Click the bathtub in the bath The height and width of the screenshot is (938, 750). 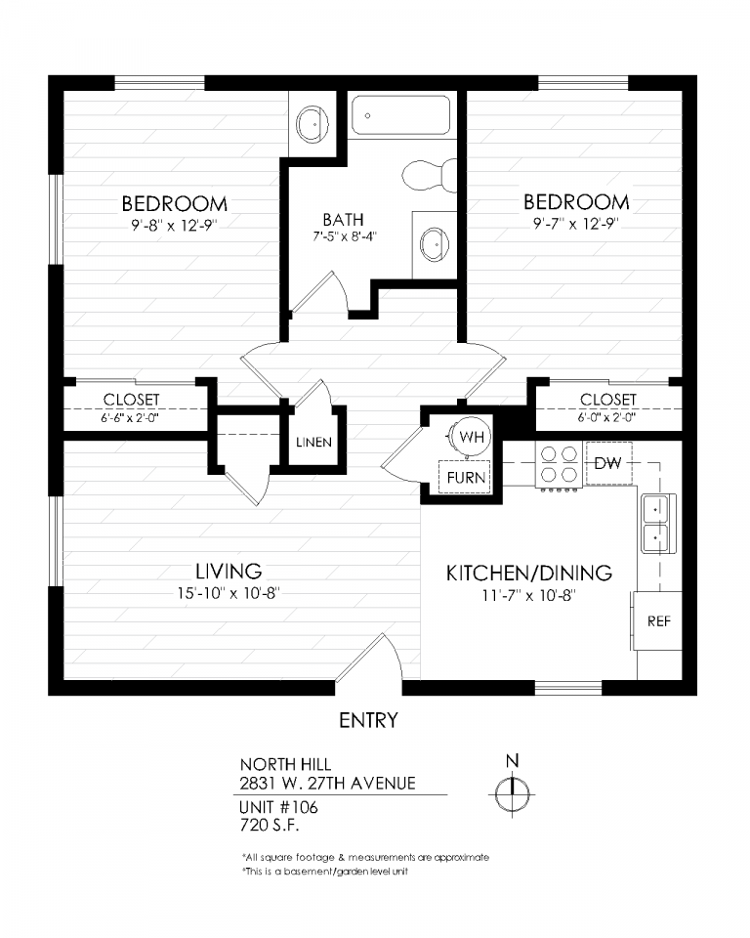[400, 115]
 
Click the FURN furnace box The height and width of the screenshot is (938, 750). [465, 477]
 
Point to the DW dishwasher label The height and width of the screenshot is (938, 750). [607, 463]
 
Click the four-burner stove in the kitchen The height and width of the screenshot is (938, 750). [559, 465]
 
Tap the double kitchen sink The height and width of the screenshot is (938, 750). [658, 524]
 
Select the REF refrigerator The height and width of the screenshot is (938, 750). [657, 621]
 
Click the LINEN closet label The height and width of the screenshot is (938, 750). [313, 442]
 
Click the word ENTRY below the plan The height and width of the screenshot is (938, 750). [368, 720]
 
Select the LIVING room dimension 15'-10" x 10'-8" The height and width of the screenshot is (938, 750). [229, 593]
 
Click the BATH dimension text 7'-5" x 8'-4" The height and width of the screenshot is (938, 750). [344, 236]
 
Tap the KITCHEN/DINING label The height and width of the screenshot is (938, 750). [529, 574]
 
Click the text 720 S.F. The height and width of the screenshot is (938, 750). [270, 826]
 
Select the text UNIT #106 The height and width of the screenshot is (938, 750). [278, 808]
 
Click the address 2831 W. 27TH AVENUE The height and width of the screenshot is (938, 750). [328, 783]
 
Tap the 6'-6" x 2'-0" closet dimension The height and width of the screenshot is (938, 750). [130, 417]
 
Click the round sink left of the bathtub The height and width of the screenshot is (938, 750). [312, 124]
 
